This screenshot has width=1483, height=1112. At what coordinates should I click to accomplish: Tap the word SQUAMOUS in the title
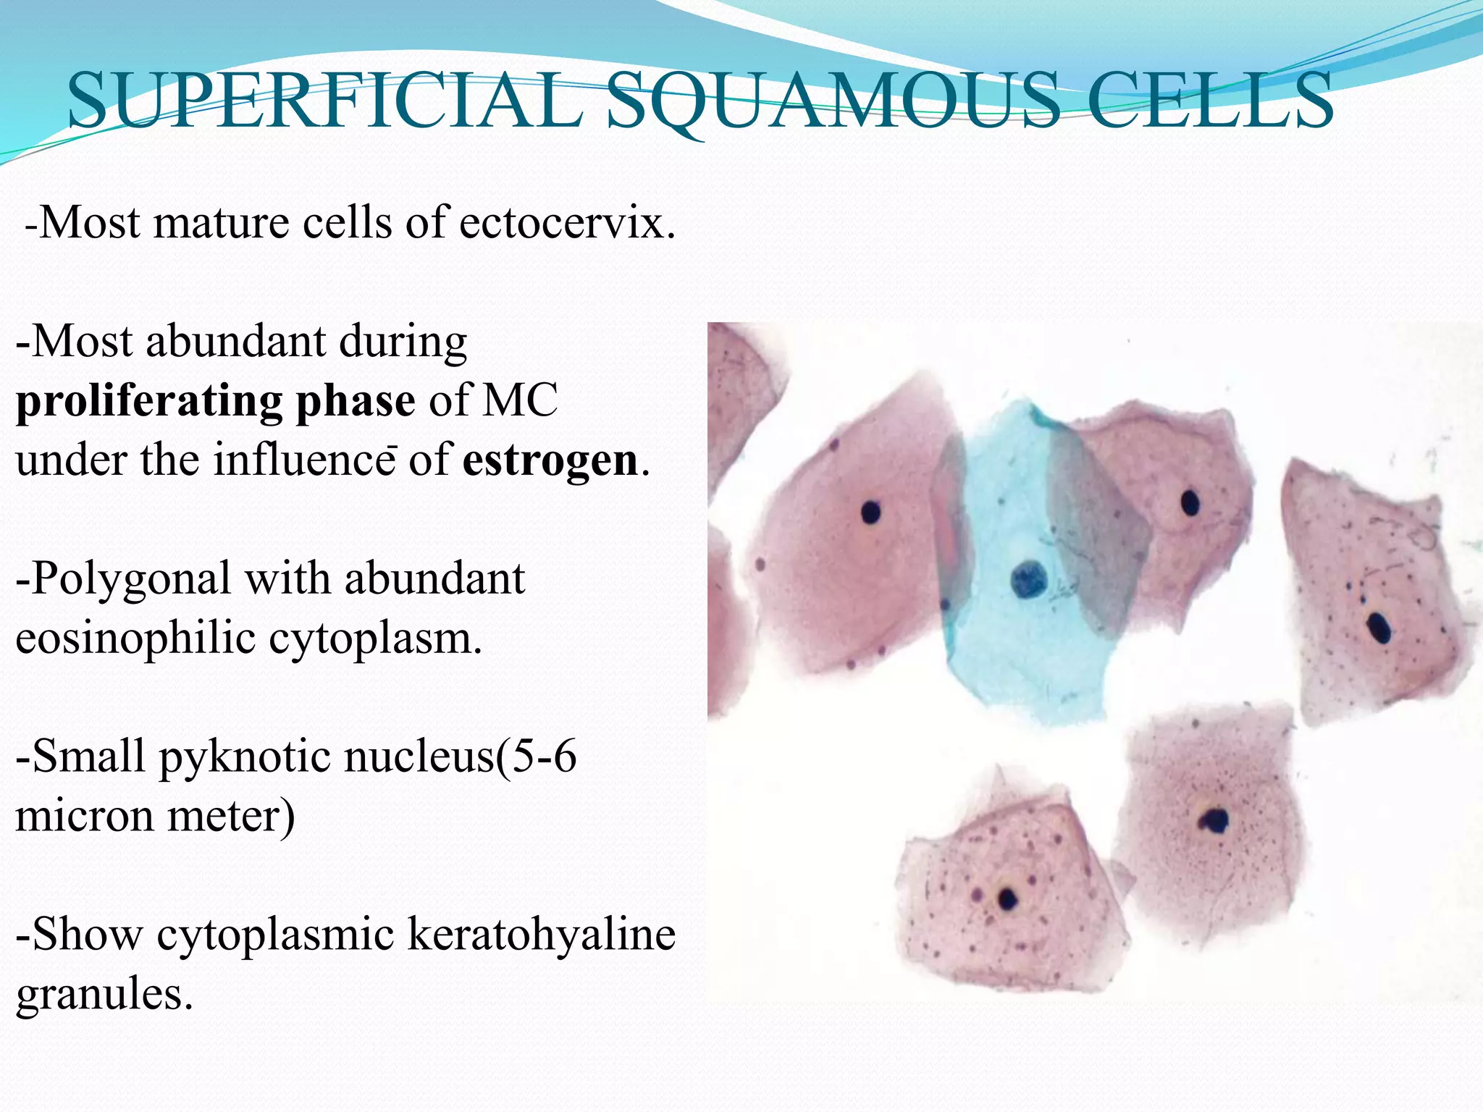pyautogui.click(x=833, y=101)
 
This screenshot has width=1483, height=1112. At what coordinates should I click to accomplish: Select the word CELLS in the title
pyautogui.click(x=1209, y=101)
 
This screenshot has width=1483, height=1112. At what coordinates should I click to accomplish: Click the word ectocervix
pyautogui.click(x=567, y=223)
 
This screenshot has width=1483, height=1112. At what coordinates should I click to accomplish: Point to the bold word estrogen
pyautogui.click(x=550, y=460)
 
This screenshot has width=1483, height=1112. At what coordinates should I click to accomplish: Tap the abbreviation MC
pyautogui.click(x=520, y=401)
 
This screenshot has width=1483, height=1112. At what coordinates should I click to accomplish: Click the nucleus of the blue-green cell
pyautogui.click(x=1025, y=578)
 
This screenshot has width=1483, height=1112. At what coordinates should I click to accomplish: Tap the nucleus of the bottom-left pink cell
pyautogui.click(x=1007, y=898)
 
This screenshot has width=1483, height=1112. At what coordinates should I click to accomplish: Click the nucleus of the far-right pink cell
pyautogui.click(x=1379, y=627)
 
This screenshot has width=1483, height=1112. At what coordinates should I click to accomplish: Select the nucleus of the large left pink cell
pyautogui.click(x=870, y=513)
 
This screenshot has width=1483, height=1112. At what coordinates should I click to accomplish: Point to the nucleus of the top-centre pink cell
pyautogui.click(x=1190, y=502)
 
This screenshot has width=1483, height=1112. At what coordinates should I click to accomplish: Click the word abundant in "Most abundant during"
pyautogui.click(x=235, y=342)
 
